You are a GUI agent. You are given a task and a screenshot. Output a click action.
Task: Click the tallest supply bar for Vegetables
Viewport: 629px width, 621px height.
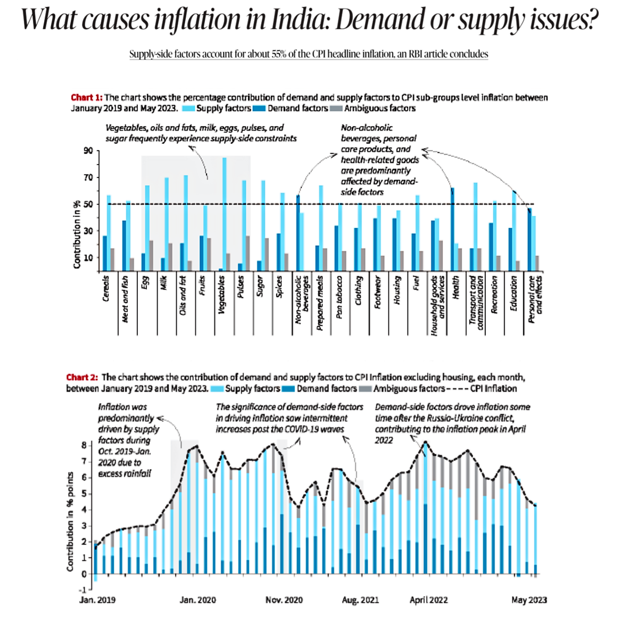pos(225,213)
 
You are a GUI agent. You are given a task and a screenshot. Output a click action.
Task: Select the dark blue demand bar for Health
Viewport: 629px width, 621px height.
pos(452,229)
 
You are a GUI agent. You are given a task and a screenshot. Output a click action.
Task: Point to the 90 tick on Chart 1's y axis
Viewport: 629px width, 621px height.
pos(88,151)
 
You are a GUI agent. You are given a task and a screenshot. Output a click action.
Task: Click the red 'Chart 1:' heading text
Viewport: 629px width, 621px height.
pos(86,97)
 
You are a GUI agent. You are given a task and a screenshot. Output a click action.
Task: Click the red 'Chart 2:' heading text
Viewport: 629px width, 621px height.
pos(82,377)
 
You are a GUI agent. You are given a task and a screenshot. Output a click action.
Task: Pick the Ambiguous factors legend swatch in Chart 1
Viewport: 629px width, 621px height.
pos(336,109)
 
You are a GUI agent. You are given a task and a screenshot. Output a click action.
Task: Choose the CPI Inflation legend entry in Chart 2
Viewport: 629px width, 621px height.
pos(493,388)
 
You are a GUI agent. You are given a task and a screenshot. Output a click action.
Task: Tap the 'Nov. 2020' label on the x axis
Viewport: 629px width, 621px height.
pos(284,600)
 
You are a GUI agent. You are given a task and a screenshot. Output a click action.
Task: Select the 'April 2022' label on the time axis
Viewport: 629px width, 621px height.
pos(428,600)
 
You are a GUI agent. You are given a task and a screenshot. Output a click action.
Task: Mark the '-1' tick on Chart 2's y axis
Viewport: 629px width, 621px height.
pos(82,590)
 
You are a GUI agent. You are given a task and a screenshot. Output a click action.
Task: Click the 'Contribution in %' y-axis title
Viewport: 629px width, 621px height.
pos(77,234)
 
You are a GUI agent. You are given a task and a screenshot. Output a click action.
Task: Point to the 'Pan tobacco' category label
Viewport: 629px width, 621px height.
pos(340,297)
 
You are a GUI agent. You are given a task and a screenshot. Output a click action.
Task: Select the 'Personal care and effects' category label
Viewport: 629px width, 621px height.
pos(535,299)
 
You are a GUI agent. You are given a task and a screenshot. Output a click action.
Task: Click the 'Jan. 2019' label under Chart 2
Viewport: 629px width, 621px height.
pos(97,600)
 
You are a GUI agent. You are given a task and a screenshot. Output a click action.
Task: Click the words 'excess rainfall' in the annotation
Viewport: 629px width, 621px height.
pos(125,473)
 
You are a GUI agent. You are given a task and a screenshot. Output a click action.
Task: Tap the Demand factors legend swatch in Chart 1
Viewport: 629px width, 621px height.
pos(260,109)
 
